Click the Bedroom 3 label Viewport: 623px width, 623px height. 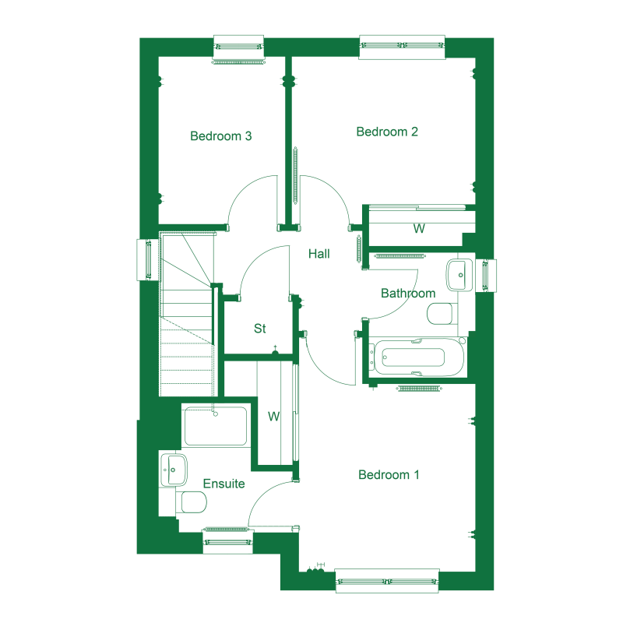pos(221,136)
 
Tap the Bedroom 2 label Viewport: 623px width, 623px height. pos(387,132)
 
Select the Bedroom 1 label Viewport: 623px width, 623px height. pos(389,474)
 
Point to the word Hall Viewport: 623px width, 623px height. pos(319,254)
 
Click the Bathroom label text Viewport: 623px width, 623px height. pos(408,294)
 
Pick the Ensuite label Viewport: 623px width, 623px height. pos(224,484)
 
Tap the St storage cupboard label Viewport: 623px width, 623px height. pos(260,328)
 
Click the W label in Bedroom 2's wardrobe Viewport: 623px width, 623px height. pos(419,228)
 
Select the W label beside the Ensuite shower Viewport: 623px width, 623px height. pos(274,417)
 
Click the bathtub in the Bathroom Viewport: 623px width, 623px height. pos(419,357)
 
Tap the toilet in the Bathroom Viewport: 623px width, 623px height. pos(441,314)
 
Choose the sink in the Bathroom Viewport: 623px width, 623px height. pos(460,275)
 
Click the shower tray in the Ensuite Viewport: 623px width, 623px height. pos(216,425)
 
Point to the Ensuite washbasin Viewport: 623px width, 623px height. pos(174,470)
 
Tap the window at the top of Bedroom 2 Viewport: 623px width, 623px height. pos(402,47)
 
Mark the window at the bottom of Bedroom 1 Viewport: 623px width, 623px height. pos(387,581)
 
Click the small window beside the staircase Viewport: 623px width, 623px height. pos(148,260)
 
